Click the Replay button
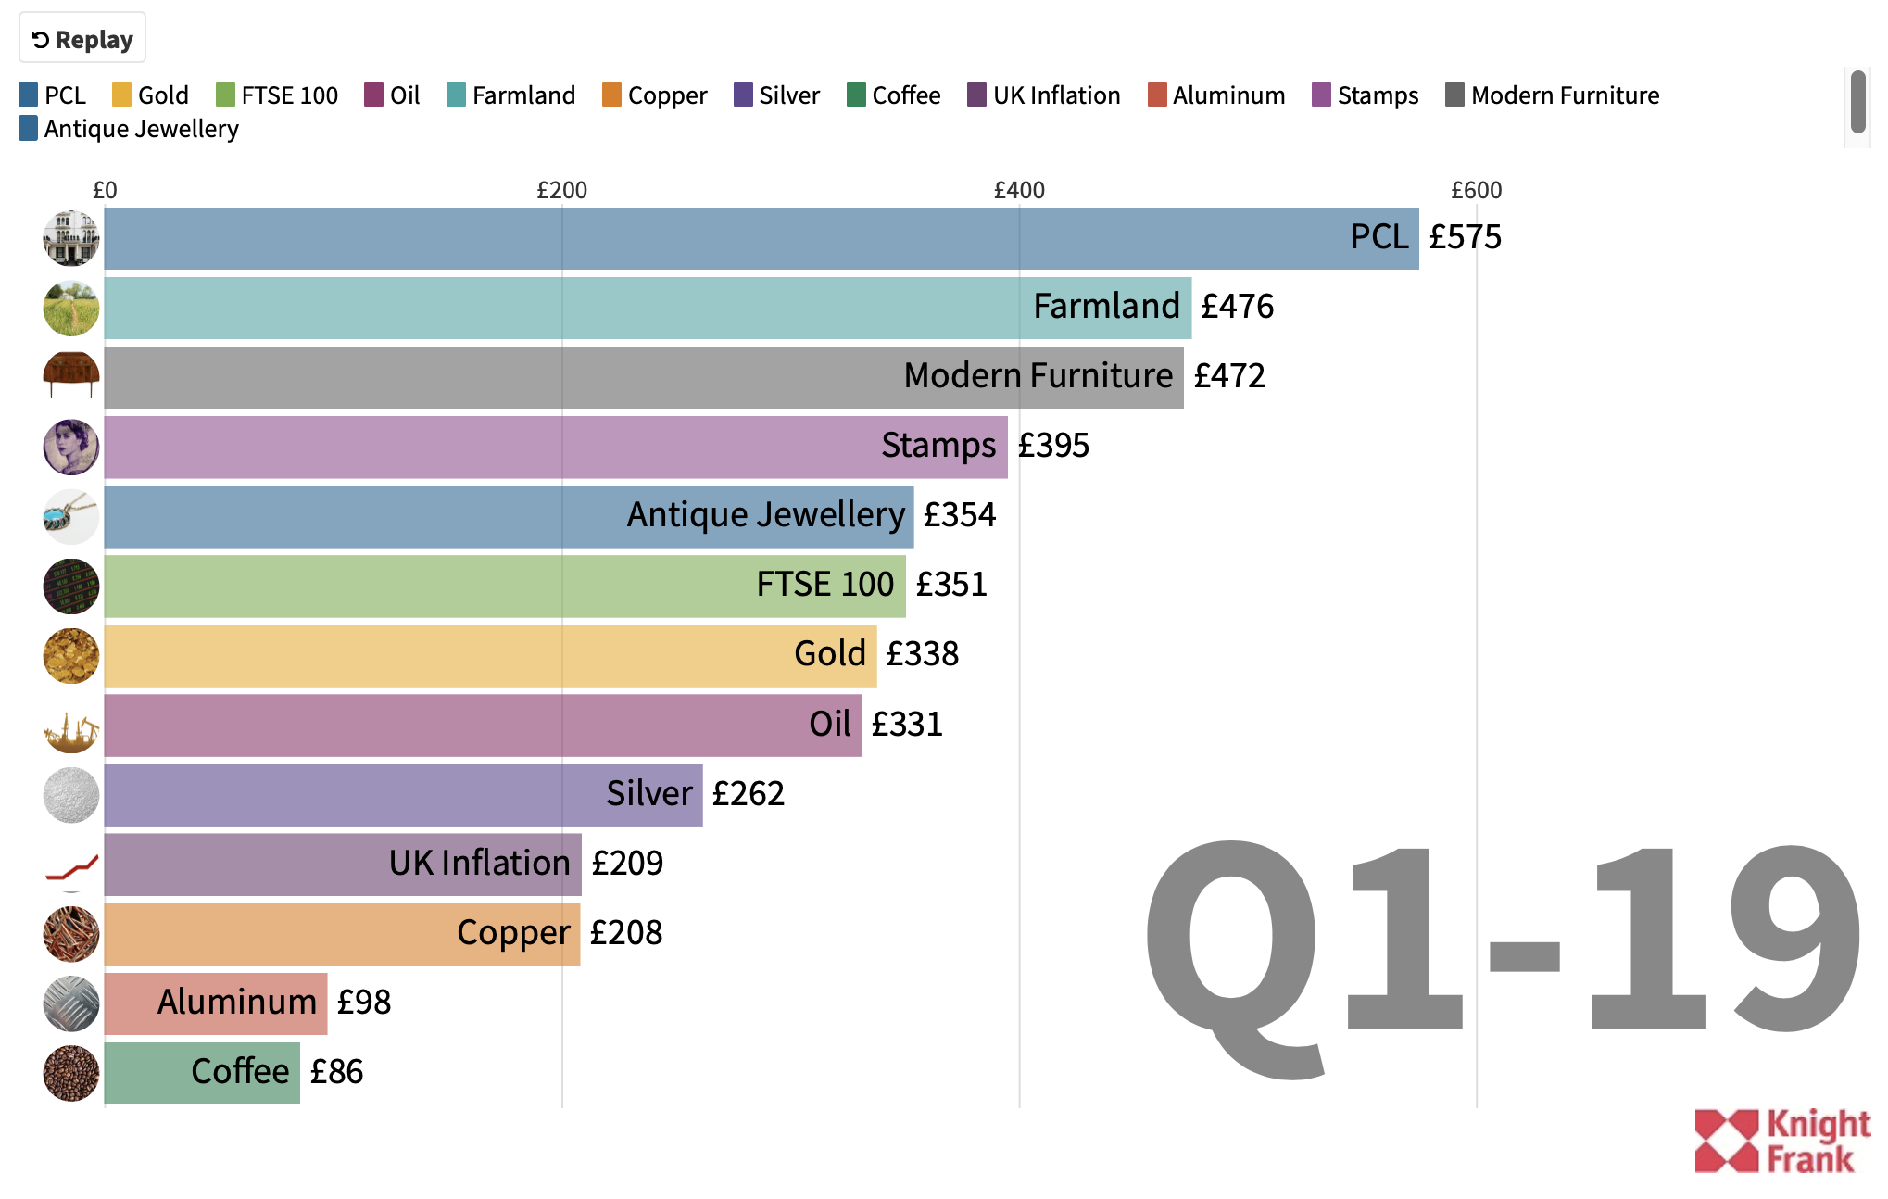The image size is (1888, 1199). point(82,39)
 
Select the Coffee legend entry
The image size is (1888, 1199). point(894,95)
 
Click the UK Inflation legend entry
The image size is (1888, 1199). point(1044,95)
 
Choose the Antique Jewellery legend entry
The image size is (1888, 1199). point(129,129)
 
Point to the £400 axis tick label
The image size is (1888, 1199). point(1019,190)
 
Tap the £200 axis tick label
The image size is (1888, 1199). point(561,190)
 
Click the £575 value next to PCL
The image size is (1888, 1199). point(1465,237)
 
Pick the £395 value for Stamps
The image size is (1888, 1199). point(1053,446)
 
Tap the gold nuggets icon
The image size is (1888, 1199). point(71,655)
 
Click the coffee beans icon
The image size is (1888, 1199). point(71,1073)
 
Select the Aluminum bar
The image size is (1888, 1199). point(215,1003)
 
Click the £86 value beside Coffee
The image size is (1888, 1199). point(336,1072)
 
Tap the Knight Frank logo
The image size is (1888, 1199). point(1781,1141)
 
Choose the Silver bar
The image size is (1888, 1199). point(403,795)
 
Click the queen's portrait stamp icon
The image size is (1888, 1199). point(71,447)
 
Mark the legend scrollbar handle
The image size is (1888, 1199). point(1857,102)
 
